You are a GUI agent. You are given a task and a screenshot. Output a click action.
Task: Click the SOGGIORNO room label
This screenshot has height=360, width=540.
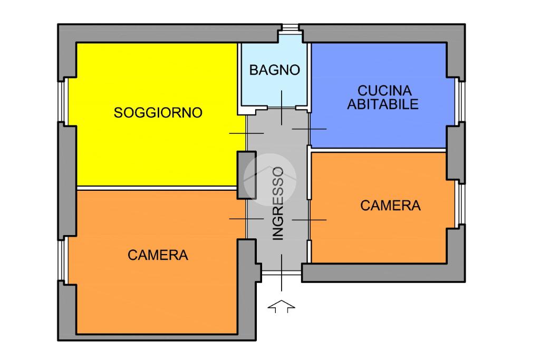(x=158, y=113)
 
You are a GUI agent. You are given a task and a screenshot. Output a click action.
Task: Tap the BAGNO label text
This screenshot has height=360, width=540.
(x=274, y=70)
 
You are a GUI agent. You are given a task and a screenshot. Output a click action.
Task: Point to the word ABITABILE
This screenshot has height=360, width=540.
(x=383, y=104)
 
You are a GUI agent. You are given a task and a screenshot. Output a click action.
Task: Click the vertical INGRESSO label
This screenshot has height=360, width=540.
(x=278, y=203)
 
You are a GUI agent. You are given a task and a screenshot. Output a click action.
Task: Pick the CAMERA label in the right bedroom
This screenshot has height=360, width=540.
(x=390, y=206)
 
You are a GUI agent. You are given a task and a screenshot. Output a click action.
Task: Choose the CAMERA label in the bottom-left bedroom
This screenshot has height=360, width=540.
(x=158, y=255)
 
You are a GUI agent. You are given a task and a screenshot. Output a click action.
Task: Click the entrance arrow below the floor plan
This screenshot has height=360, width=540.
(x=282, y=306)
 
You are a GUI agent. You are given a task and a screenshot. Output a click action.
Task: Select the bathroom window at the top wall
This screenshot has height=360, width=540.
(x=290, y=28)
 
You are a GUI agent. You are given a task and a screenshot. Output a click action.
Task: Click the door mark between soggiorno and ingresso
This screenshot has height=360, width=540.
(x=246, y=133)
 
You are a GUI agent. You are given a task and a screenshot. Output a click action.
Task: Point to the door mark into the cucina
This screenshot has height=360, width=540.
(x=309, y=129)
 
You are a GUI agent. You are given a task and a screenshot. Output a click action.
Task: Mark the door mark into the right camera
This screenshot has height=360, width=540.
(x=309, y=219)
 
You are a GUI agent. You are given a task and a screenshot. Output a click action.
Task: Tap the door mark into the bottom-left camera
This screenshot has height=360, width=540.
(x=246, y=218)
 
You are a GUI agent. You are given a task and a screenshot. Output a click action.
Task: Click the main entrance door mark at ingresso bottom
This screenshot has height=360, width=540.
(x=282, y=272)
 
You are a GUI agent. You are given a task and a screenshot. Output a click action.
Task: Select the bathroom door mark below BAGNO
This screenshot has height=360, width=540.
(x=282, y=108)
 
